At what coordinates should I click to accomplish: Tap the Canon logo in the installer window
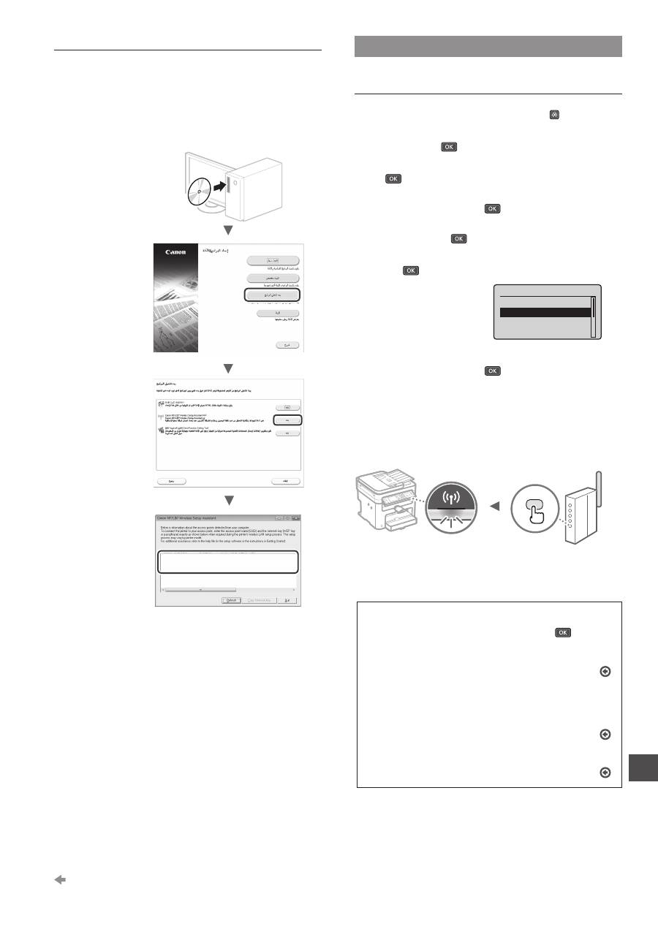point(175,252)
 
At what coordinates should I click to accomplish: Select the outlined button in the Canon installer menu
point(272,295)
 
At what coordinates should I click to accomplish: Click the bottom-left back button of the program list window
point(170,482)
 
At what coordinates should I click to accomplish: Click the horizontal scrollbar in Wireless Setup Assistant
point(200,588)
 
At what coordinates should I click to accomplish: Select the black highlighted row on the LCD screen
point(544,312)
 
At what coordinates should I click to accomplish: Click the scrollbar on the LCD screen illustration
point(593,317)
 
